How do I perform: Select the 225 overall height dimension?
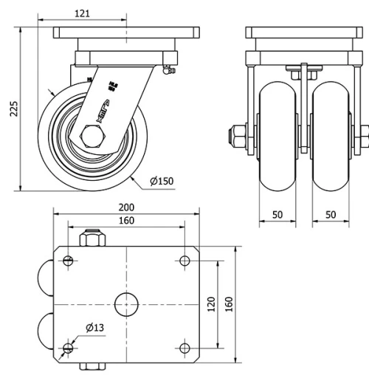[x=13, y=109]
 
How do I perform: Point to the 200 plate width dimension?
[x=127, y=209]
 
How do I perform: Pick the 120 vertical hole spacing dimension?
[x=210, y=304]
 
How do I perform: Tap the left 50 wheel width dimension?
[x=277, y=214]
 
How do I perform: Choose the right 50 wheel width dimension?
[x=330, y=214]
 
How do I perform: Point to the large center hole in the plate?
[x=127, y=304]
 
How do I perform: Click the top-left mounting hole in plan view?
[x=69, y=260]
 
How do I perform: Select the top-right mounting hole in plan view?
[x=184, y=260]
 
